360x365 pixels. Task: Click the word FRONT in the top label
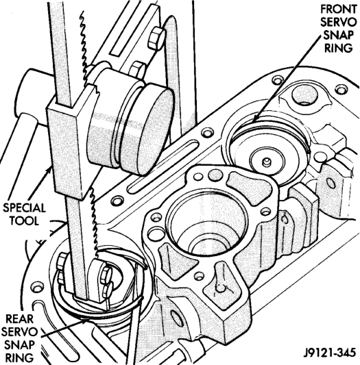(339, 10)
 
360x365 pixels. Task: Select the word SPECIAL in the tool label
(24, 207)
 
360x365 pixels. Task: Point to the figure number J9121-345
(330, 353)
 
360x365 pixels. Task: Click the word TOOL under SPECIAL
(24, 221)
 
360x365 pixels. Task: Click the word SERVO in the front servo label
(339, 23)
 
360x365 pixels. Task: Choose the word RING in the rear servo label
(19, 357)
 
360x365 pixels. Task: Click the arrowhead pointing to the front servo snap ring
(254, 118)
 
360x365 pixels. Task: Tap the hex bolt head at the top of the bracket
(156, 38)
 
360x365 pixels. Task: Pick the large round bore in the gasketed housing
(207, 223)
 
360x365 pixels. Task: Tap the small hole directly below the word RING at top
(341, 90)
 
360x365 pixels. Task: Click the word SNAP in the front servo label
(339, 36)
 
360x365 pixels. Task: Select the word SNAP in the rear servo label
(20, 345)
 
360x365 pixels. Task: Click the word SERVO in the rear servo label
(20, 332)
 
